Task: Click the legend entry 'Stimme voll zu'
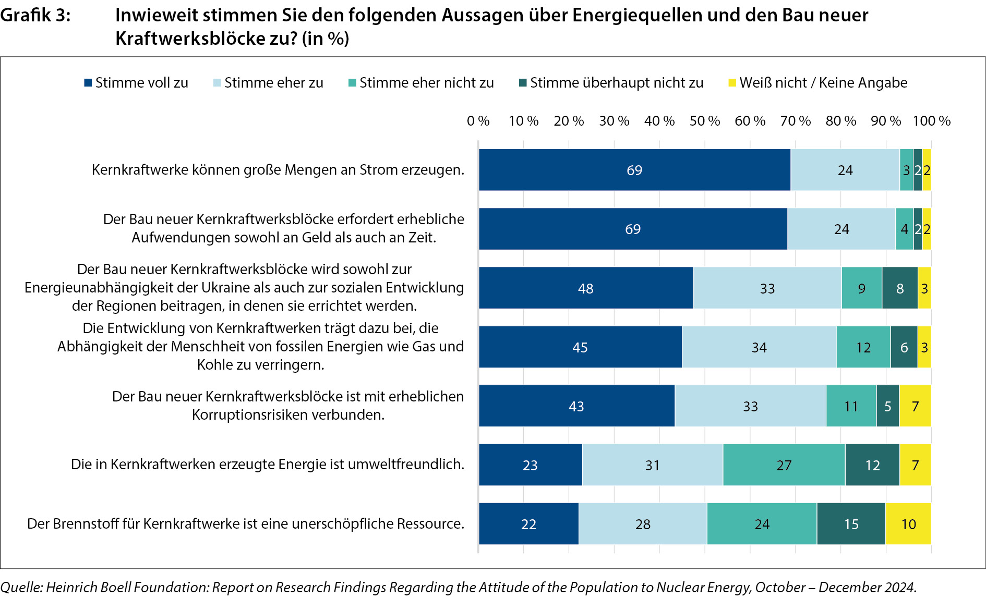(136, 83)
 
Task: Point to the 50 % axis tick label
(704, 121)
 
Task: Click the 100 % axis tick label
(931, 121)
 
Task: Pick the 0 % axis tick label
(478, 121)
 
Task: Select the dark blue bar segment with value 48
(586, 288)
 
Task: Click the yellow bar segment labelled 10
(908, 524)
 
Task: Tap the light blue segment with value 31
(653, 465)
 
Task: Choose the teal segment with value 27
(784, 465)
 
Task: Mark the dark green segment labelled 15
(851, 524)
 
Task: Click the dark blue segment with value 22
(528, 524)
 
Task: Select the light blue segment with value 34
(759, 347)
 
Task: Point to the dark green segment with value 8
(900, 288)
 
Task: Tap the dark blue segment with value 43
(576, 406)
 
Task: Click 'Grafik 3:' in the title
(35, 16)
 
